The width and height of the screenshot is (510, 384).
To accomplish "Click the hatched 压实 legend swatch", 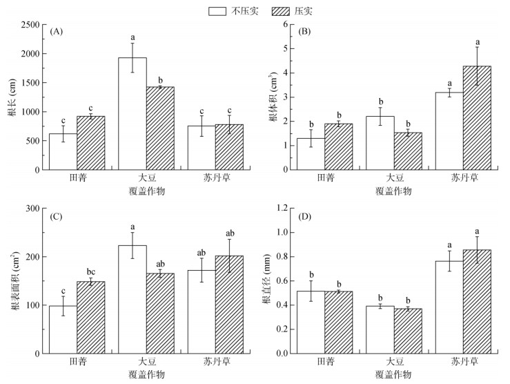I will tap(278, 11).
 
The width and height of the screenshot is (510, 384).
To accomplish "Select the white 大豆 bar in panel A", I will tap(133, 113).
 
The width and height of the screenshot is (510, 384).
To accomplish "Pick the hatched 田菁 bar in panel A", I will tap(90, 142).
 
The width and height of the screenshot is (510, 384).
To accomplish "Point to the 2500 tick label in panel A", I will tap(28, 24).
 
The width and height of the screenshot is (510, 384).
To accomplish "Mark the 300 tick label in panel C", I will tap(31, 208).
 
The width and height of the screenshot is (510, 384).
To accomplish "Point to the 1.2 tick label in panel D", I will tap(280, 208).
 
